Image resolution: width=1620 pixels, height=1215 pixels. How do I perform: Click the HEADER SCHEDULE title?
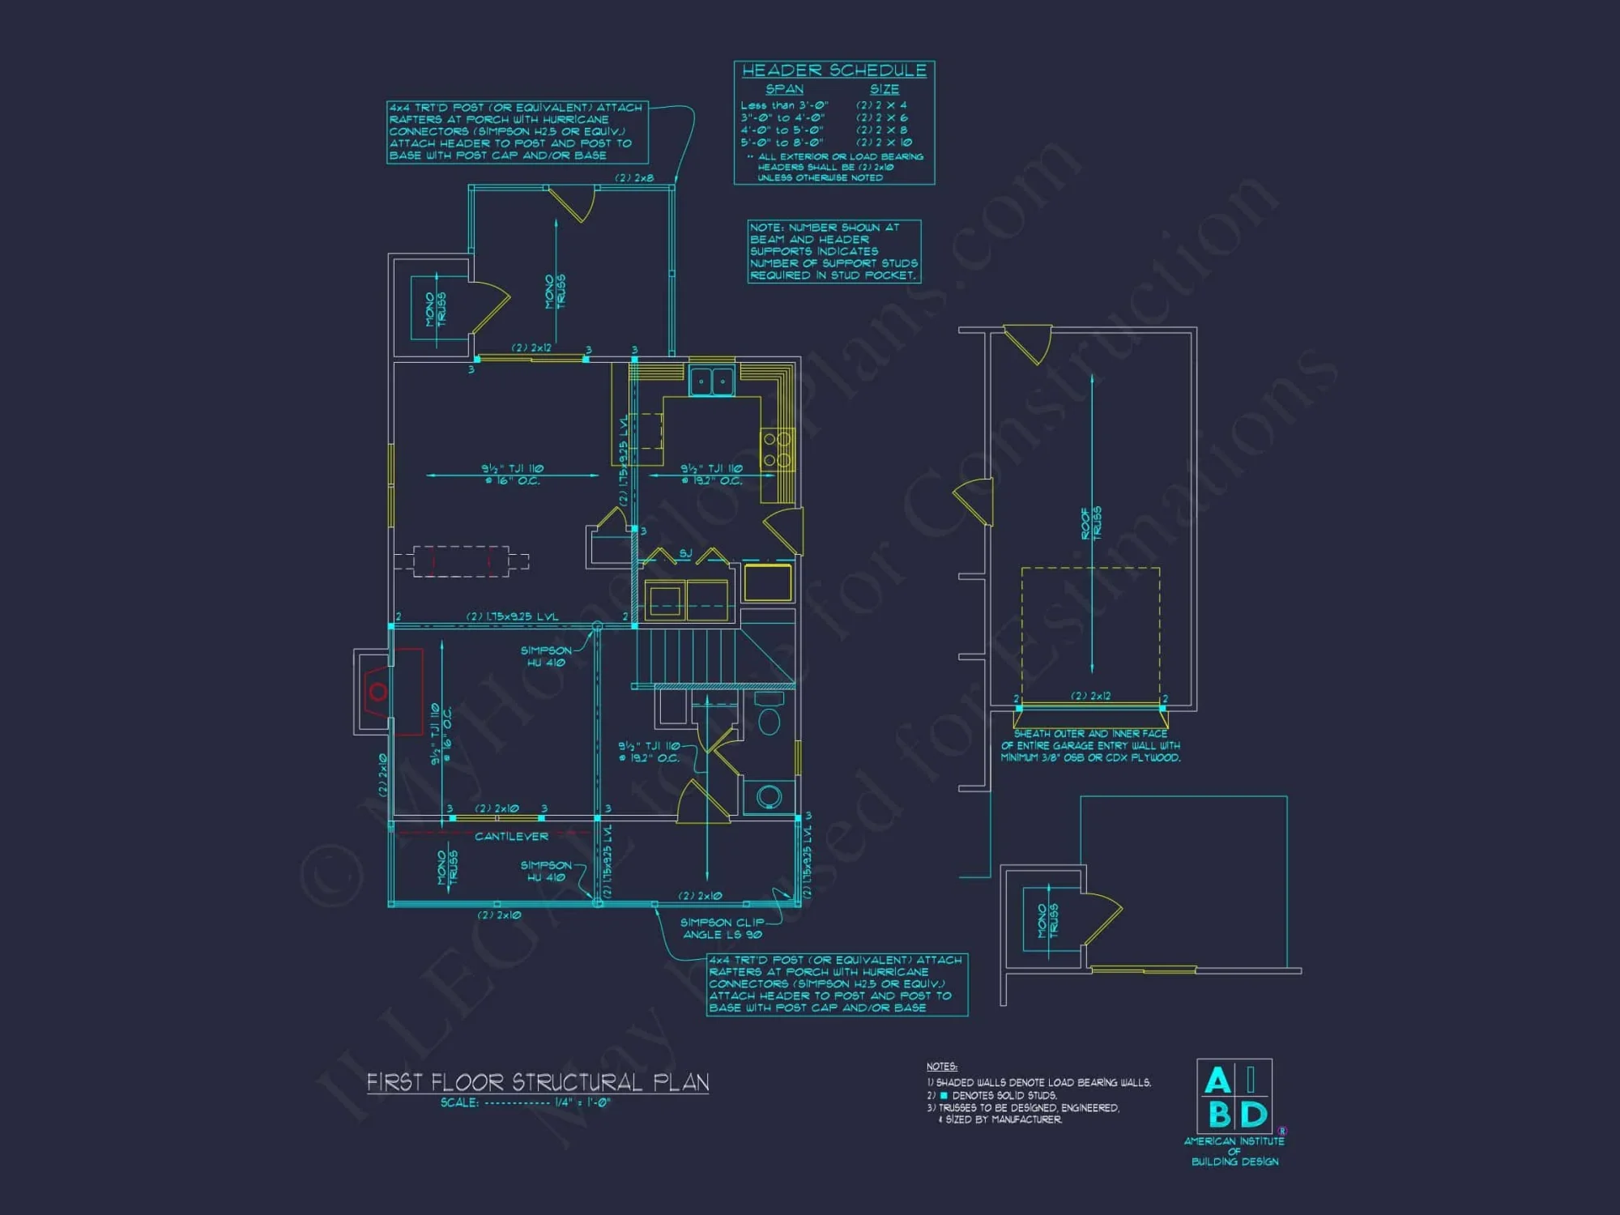833,70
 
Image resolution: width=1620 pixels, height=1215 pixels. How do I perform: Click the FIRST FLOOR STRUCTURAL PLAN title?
538,1082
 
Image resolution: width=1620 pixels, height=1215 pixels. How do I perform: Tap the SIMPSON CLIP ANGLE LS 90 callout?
722,928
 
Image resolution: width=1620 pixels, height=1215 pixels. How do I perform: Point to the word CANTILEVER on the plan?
511,836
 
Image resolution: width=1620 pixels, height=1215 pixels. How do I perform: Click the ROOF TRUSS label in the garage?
1091,523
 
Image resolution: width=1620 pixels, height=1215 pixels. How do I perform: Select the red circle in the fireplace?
377,692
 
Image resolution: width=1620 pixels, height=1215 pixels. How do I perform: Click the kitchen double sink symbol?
711,381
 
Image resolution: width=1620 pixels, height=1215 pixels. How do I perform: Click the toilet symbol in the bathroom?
768,716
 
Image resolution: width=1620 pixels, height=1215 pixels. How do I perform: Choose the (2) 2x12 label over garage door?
1090,696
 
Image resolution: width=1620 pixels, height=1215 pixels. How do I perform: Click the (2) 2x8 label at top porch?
634,177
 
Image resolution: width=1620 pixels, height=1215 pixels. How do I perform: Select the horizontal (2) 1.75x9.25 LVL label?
512,616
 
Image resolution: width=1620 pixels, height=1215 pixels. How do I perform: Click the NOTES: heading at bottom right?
941,1066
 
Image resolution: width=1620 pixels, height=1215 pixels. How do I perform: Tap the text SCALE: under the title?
459,1102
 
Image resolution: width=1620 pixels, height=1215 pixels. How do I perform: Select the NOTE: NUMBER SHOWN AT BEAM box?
833,251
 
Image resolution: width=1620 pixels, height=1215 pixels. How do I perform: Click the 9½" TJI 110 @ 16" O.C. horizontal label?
512,474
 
